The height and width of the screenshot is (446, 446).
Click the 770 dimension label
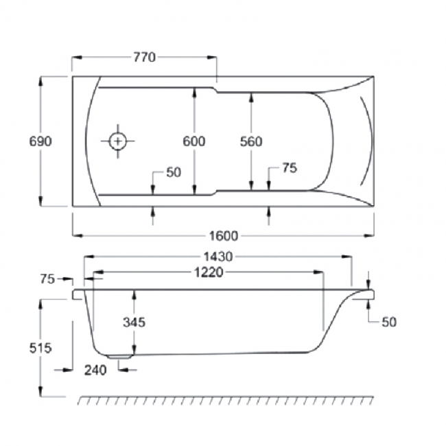pyautogui.click(x=144, y=57)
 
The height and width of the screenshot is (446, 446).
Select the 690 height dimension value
pyautogui.click(x=40, y=141)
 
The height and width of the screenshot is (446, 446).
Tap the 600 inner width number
pyautogui.click(x=194, y=141)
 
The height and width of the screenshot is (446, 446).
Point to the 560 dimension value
pyautogui.click(x=251, y=141)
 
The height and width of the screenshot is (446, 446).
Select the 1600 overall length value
pyautogui.click(x=224, y=235)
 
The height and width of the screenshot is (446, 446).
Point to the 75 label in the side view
pyautogui.click(x=47, y=279)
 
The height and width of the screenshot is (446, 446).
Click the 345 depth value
pyautogui.click(x=134, y=322)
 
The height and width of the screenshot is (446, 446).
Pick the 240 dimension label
pyautogui.click(x=95, y=371)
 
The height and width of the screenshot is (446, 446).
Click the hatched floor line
pyautogui.click(x=226, y=399)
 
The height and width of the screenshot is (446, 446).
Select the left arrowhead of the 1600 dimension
pyautogui.click(x=76, y=235)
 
